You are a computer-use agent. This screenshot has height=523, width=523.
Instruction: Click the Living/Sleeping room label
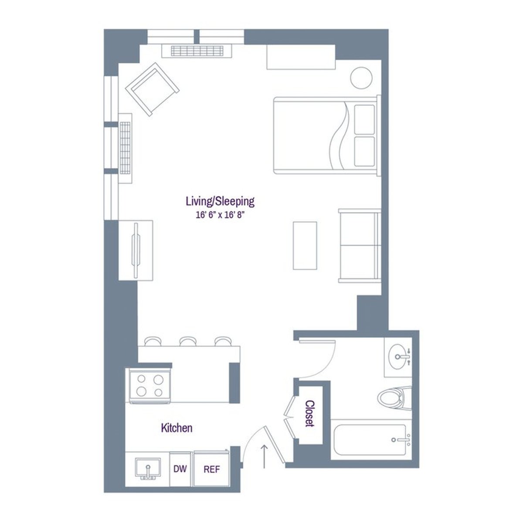[220, 201]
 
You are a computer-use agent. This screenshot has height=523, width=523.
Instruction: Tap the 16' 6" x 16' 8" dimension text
[220, 214]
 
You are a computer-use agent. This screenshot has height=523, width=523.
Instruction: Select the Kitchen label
[177, 428]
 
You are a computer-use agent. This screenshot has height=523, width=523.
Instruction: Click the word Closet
[310, 414]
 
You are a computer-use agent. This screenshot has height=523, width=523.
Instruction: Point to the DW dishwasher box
[180, 469]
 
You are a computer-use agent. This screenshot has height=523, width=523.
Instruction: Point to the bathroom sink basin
[400, 357]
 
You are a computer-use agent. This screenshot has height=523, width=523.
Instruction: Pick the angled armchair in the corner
[152, 89]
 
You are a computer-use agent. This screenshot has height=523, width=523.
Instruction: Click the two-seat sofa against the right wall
[360, 245]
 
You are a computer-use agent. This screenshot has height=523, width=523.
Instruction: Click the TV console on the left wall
[136, 250]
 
